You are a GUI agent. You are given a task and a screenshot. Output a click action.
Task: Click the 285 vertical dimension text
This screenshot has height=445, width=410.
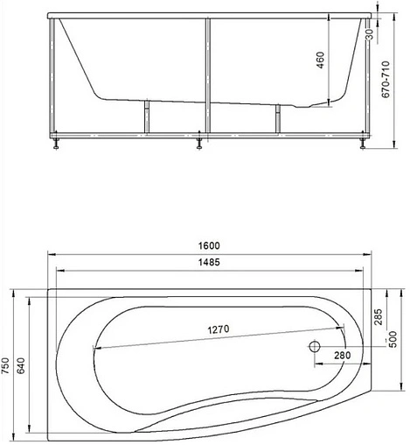[x=378, y=317]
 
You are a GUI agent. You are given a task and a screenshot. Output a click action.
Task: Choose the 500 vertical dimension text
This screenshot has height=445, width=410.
[x=393, y=337]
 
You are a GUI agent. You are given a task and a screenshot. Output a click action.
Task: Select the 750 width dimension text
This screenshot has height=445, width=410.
[x=7, y=363]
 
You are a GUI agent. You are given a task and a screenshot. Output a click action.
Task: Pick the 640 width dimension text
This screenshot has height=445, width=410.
[x=23, y=363]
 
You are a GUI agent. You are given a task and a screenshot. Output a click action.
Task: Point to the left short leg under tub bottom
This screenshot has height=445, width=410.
[x=146, y=117]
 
